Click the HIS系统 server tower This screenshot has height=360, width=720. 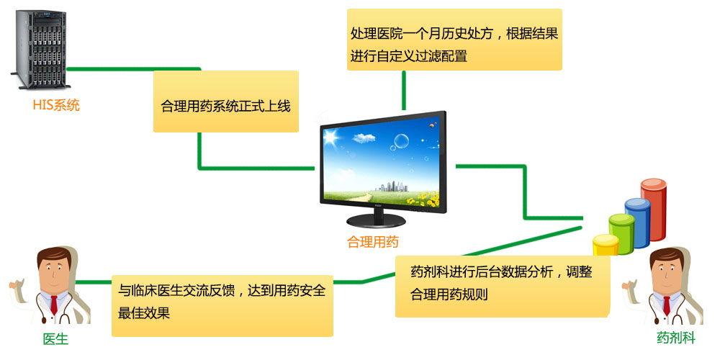(40, 49)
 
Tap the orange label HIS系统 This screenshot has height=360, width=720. (56, 106)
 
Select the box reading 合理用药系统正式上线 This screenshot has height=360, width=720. (226, 102)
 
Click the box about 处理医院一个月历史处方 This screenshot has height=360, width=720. (454, 40)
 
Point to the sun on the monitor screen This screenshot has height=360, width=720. (331, 136)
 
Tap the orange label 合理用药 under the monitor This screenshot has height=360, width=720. (373, 242)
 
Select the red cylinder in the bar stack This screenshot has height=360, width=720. (654, 210)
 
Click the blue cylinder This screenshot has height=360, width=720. (638, 223)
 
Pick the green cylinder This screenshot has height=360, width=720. (621, 234)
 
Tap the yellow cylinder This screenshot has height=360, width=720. (606, 245)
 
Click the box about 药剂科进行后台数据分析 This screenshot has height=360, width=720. (503, 287)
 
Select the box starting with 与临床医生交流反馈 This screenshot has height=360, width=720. (222, 306)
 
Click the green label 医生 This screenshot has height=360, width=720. (55, 339)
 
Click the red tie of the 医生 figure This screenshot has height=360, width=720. (54, 305)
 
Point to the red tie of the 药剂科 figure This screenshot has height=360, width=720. (666, 305)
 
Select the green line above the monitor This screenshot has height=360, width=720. (404, 91)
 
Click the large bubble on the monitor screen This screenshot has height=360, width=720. (401, 141)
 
